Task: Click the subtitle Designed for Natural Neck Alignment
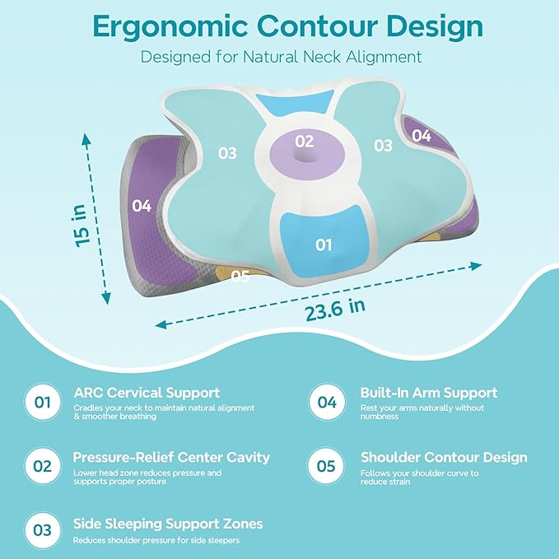coord(281,57)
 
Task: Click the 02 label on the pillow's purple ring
coord(304,141)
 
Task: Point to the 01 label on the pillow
coord(324,245)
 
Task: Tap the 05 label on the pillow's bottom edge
coord(240,277)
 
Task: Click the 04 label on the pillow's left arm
coord(142,206)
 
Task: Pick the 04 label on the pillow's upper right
coord(421,136)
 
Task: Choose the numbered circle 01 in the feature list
coord(43,403)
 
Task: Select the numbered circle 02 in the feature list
coord(43,466)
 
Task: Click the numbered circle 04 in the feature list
coord(327,403)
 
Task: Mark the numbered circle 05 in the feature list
coord(327,466)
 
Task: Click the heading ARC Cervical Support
coord(147,394)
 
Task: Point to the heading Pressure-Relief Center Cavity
coord(171,457)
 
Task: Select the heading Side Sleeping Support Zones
coord(168,524)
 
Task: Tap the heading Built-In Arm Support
coord(429,394)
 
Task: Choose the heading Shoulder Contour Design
coord(444,457)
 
